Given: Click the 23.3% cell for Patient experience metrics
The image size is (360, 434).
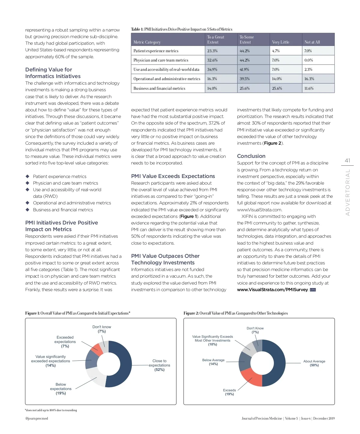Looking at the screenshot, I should [212, 51].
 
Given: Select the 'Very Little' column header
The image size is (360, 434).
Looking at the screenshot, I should [280, 42].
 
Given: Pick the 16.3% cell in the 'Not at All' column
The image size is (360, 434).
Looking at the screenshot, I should [309, 79].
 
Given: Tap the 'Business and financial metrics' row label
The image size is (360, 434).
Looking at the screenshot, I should [159, 89].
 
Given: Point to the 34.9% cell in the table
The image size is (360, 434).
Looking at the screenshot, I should [212, 70].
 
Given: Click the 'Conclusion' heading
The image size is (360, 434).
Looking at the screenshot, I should [251, 156].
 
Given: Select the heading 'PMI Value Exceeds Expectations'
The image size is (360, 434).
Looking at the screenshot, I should [173, 176].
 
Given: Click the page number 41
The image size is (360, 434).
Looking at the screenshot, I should [347, 161].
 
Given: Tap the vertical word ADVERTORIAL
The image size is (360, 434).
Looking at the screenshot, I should [348, 192].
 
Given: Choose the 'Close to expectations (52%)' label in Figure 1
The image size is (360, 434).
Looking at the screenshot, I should [159, 365].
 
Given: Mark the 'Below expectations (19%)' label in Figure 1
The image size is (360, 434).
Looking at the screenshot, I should [61, 389].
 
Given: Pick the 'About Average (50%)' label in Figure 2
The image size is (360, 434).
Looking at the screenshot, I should [314, 363].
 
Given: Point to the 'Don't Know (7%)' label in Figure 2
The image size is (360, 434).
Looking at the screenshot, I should [255, 330].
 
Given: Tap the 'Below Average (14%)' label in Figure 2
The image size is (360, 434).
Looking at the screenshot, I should [213, 362].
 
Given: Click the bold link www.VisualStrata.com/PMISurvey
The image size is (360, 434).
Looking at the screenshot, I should [272, 290].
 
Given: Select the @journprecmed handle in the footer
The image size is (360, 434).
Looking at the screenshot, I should [37, 418].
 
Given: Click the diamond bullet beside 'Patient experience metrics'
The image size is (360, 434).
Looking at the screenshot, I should [28, 176].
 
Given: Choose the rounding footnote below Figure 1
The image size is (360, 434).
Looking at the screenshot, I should [51, 410].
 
